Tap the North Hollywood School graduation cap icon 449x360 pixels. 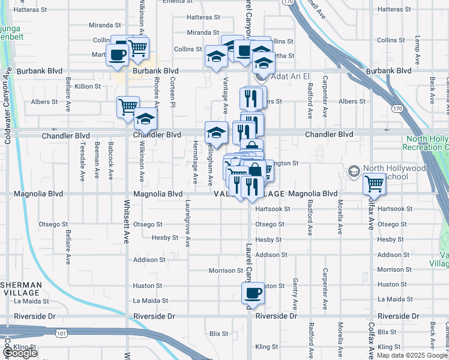(355, 172)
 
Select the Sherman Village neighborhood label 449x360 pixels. (21, 289)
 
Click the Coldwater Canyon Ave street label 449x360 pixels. (8, 105)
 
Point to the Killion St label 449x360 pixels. (88, 86)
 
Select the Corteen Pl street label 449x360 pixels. (172, 92)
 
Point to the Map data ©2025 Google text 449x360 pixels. (411, 355)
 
